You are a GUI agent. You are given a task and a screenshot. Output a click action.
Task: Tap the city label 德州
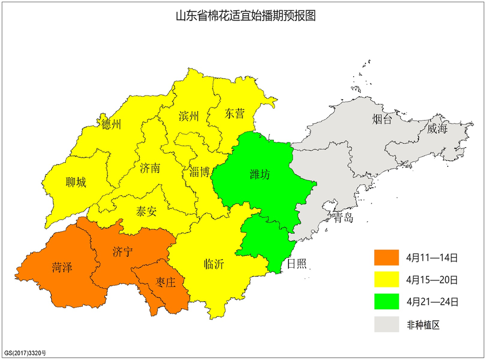click(x=111, y=125)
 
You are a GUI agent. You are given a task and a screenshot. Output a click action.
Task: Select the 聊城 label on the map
click(x=76, y=182)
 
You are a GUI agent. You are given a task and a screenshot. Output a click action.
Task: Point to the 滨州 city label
click(x=188, y=116)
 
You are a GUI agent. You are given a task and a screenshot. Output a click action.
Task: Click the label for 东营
click(x=235, y=114)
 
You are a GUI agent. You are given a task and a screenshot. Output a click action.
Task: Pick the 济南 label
click(x=150, y=168)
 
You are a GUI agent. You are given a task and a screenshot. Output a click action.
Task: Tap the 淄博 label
click(x=200, y=172)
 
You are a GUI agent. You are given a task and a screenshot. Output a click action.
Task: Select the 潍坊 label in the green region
click(x=260, y=174)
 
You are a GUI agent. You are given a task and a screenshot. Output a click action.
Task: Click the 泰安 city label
click(x=146, y=211)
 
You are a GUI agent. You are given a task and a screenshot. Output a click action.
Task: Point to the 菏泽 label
click(x=63, y=267)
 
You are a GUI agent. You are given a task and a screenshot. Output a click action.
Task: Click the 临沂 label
click(x=214, y=264)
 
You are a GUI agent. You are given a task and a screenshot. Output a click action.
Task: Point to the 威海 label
click(x=437, y=128)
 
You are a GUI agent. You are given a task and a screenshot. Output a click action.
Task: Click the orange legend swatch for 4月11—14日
click(x=387, y=257)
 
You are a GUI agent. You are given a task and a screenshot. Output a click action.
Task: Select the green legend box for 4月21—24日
click(x=387, y=301)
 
